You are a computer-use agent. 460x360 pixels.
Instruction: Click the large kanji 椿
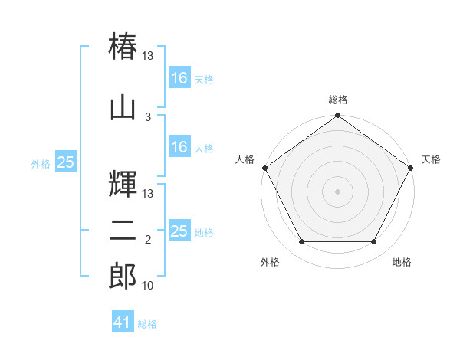tap(123, 46)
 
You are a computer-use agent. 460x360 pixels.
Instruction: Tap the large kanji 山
tap(123, 109)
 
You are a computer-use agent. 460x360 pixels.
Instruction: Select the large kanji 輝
tap(123, 184)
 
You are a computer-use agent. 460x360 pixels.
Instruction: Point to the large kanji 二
tap(123, 231)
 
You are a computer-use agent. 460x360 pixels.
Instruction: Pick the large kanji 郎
tap(123, 276)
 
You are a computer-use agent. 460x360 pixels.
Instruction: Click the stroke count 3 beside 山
tap(148, 117)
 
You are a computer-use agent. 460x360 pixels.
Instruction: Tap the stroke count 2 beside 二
tap(148, 240)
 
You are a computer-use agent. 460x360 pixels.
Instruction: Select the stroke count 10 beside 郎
tap(147, 285)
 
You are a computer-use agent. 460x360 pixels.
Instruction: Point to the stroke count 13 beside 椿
tap(147, 55)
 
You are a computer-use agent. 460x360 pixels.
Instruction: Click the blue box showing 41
tap(123, 321)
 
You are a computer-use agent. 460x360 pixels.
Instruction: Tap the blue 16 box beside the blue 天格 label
tap(180, 77)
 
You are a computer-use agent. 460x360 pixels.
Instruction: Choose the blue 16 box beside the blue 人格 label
tap(180, 146)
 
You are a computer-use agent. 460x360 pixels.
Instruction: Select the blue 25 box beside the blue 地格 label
tap(180, 230)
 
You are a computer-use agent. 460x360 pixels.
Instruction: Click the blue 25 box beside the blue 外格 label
tap(66, 161)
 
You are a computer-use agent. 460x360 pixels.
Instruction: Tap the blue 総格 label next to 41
tap(147, 324)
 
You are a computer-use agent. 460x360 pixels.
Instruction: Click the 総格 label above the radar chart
tap(338, 100)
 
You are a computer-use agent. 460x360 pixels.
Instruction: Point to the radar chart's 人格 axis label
tap(245, 159)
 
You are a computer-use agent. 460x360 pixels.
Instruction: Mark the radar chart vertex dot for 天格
tap(410, 168)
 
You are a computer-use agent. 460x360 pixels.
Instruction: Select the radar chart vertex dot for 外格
tap(302, 241)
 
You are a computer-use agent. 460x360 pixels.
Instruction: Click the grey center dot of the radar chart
tap(337, 191)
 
